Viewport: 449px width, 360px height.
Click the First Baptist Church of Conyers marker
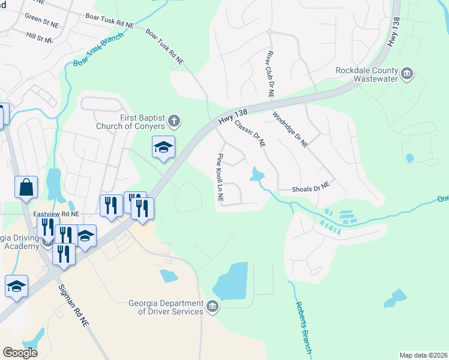174,122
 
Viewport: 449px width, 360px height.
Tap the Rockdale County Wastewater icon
408,74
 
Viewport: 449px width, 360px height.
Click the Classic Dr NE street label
250,134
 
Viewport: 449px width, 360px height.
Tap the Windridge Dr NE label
291,129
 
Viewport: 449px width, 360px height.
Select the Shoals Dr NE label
311,187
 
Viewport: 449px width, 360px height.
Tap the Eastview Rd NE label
56,214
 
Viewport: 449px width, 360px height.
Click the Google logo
20,353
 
